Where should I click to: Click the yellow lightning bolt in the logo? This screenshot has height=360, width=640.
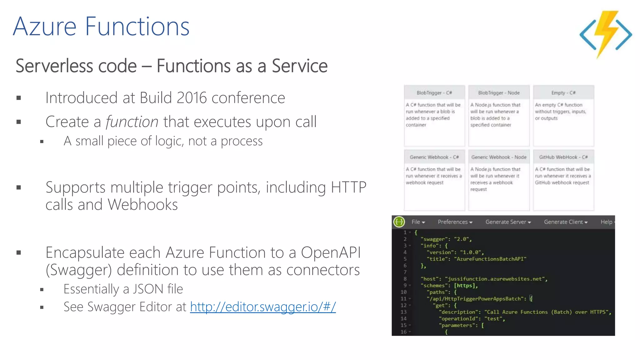(x=606, y=31)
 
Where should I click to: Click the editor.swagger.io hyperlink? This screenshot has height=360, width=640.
(x=263, y=307)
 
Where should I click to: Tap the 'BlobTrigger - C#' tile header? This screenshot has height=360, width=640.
(x=434, y=93)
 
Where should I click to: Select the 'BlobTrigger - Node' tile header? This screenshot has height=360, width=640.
(x=499, y=93)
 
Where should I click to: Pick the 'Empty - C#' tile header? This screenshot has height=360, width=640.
(x=563, y=93)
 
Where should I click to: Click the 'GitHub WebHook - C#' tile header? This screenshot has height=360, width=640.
(x=563, y=157)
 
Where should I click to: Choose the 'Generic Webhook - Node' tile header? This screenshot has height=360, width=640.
(x=499, y=157)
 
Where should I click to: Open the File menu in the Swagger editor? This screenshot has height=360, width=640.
(x=418, y=222)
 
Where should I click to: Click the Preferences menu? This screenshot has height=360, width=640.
(x=455, y=222)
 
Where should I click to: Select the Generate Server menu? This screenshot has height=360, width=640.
(x=508, y=222)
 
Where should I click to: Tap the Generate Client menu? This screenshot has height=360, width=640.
(x=565, y=222)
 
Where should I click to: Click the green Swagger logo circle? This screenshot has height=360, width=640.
(x=399, y=222)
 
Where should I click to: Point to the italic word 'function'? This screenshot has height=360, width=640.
(x=132, y=122)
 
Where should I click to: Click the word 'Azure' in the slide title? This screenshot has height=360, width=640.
(x=45, y=27)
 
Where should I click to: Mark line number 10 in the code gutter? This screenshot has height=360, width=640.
(x=403, y=292)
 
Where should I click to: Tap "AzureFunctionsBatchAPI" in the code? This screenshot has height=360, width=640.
(x=490, y=259)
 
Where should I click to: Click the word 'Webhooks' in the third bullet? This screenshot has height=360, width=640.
(x=143, y=205)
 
